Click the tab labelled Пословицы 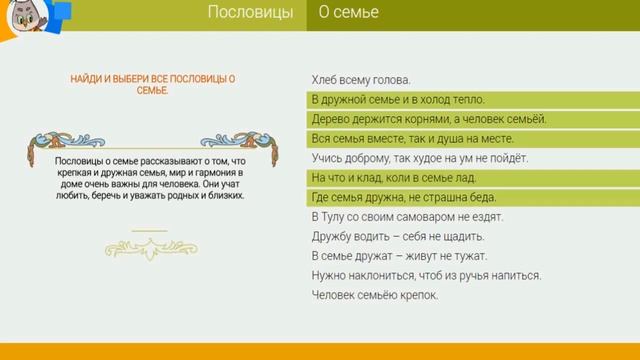click(x=250, y=13)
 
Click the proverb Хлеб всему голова click(x=361, y=80)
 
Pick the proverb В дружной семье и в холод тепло click(x=398, y=99)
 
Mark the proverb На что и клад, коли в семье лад click(x=396, y=177)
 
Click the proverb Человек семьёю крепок click(x=375, y=295)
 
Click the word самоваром click(x=419, y=216)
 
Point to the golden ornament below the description click(x=149, y=240)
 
